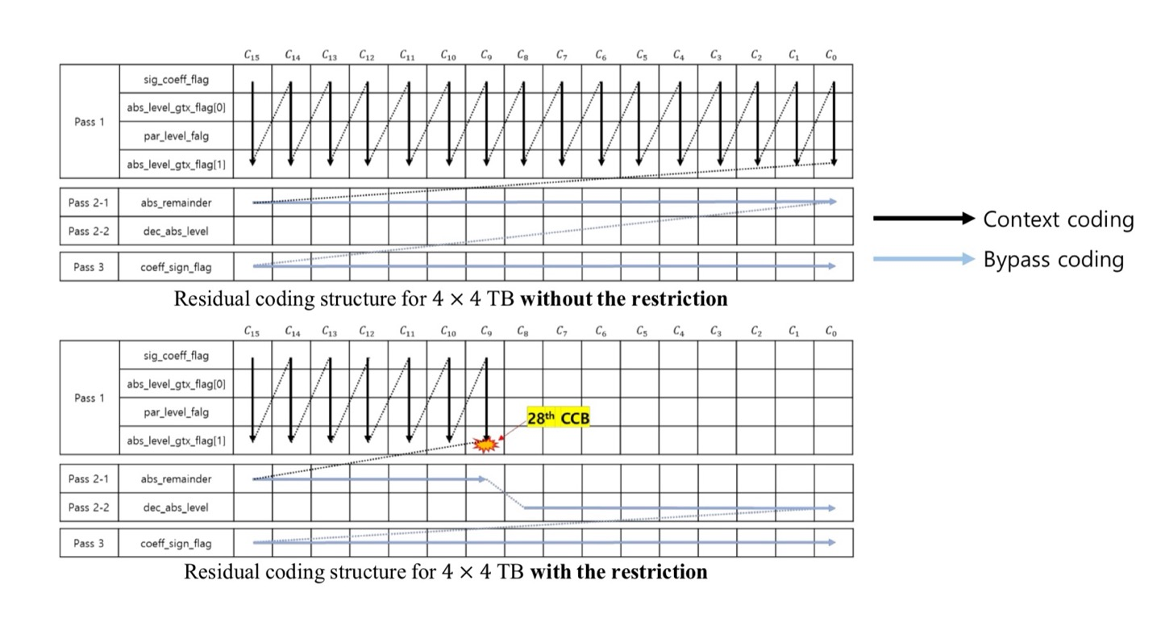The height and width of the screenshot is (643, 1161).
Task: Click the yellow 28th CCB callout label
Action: (x=558, y=418)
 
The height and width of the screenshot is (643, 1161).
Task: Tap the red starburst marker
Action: (x=485, y=444)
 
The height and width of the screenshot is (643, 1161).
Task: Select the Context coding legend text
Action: (x=1058, y=219)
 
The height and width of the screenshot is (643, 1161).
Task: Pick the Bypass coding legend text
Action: (x=1053, y=260)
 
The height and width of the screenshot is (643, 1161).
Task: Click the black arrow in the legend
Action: (x=924, y=219)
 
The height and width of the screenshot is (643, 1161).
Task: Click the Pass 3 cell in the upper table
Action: (x=89, y=266)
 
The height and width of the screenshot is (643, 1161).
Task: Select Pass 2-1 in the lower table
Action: (x=89, y=479)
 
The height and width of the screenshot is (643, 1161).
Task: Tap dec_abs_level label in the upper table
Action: (x=176, y=232)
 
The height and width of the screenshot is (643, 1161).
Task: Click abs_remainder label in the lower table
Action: (x=176, y=479)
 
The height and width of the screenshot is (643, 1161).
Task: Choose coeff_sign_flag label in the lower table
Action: (x=176, y=544)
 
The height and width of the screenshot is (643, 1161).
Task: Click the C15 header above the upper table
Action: (x=252, y=56)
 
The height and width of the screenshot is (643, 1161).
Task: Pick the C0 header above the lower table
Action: (x=830, y=332)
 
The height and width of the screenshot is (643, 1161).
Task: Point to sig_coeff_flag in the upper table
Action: (x=176, y=79)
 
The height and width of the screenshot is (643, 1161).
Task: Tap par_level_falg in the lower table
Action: (x=176, y=412)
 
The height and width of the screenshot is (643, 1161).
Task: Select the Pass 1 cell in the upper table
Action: (x=89, y=122)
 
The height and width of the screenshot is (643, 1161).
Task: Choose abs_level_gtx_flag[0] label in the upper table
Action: (x=176, y=107)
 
